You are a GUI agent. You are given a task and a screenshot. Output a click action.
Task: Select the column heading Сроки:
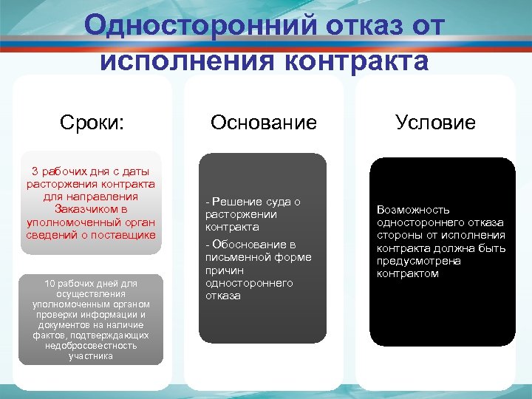coord(92,122)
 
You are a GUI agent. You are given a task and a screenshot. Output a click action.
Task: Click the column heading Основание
coord(263,122)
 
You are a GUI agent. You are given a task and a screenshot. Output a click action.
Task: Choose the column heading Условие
coord(435,122)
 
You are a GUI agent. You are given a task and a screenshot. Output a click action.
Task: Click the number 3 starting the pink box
coord(35,171)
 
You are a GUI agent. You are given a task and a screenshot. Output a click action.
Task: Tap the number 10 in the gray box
coord(50,283)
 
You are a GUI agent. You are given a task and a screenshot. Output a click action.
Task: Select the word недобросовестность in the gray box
coord(90,345)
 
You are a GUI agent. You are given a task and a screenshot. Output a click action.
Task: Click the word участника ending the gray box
coord(90,355)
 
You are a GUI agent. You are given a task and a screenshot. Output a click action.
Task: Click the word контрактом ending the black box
coord(407,273)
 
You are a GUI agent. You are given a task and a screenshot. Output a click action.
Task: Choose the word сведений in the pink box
coord(48,235)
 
